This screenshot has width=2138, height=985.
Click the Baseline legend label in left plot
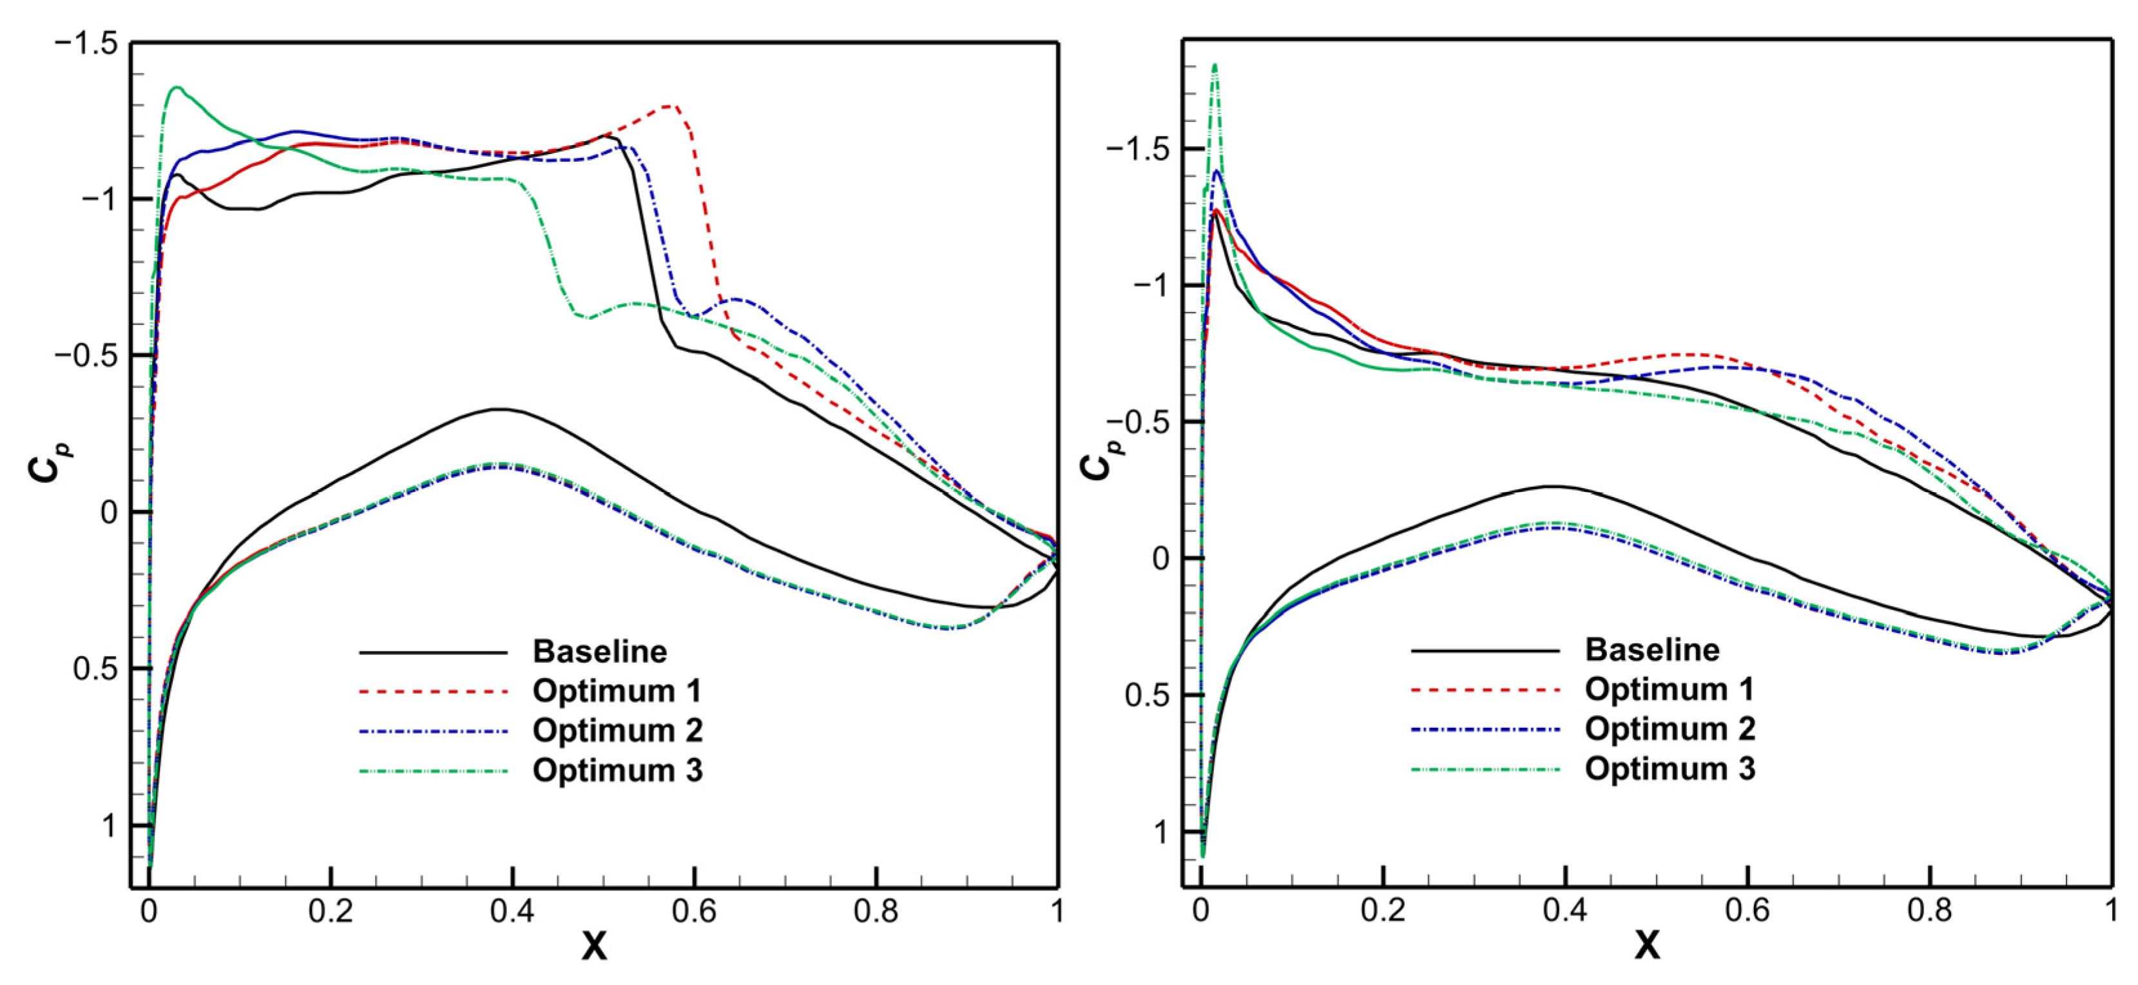599,651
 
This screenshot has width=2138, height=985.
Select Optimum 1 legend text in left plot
617,691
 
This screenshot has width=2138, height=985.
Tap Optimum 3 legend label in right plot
1670,768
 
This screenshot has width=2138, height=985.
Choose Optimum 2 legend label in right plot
1670,728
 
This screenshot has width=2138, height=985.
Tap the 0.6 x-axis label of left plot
694,912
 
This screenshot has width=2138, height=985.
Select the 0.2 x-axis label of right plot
1383,910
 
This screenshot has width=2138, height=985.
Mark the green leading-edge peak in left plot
177,87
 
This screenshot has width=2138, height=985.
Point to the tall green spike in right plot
1215,66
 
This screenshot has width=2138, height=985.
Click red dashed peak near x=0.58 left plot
669,106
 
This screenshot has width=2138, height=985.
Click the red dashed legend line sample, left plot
432,691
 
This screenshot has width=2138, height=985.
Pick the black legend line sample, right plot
1485,650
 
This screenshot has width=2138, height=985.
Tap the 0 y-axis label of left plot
109,512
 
